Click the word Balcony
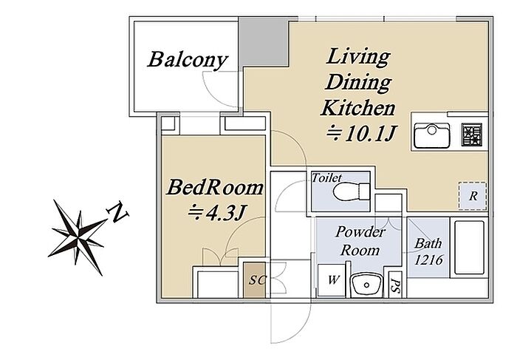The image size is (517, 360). [x=188, y=61]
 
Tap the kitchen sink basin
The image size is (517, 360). [x=431, y=135]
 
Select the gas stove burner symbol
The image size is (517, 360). [x=472, y=135]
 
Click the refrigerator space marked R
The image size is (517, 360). [x=473, y=196]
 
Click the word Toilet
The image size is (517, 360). [x=326, y=178]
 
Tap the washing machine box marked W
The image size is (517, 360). [x=332, y=280]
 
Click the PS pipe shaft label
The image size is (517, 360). [x=394, y=284]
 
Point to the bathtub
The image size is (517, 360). [x=469, y=248]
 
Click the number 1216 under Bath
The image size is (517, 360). [x=428, y=260]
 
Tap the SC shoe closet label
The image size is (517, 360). [x=257, y=280]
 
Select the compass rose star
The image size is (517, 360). [x=78, y=237]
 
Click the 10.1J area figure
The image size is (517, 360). [x=361, y=133]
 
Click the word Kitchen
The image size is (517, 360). [x=357, y=108]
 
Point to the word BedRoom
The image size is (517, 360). [x=214, y=188]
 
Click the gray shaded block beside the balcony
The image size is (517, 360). [x=264, y=42]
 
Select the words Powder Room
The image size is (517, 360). [x=360, y=241]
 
